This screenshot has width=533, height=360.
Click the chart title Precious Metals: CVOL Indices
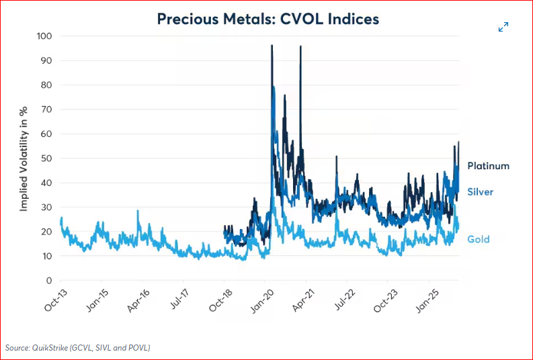[268, 19]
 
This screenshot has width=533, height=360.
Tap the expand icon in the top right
[503, 27]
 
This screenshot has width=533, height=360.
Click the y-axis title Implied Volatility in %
[24, 159]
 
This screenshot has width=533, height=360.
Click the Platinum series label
[489, 166]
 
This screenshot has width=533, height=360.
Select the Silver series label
[481, 192]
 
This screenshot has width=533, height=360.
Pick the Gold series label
[479, 239]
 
